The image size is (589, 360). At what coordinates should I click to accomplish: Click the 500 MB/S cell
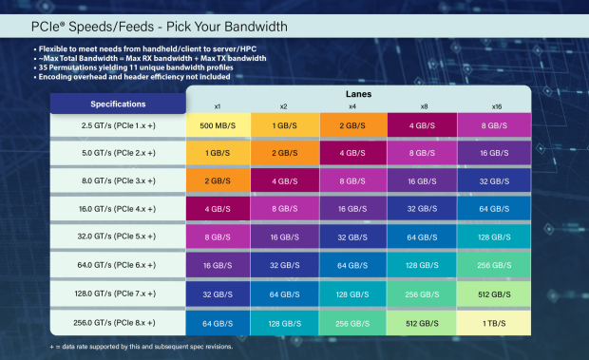pyautogui.click(x=218, y=125)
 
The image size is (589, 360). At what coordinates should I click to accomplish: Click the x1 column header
pyautogui.click(x=218, y=105)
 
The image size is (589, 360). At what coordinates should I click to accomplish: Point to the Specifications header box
pyautogui.click(x=117, y=103)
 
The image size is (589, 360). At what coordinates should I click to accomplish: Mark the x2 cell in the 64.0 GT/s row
pyautogui.click(x=287, y=266)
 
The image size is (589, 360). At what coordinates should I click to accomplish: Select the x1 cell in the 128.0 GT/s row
pyautogui.click(x=218, y=294)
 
